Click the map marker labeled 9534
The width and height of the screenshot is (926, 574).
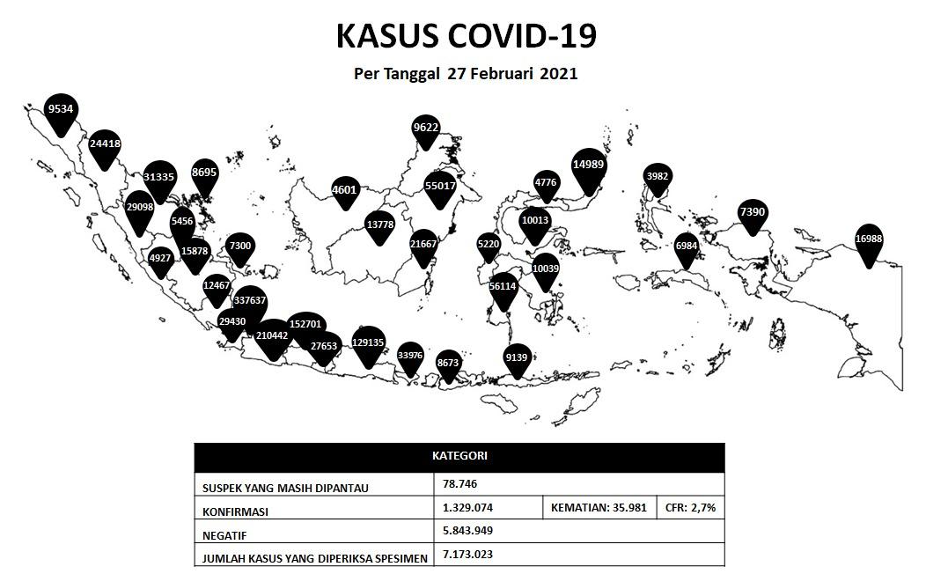pos(61,110)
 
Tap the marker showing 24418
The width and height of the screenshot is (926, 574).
pos(106,144)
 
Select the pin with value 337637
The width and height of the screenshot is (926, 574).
pos(250,301)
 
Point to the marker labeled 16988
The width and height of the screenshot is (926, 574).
pos(869,239)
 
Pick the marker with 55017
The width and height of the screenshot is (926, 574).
pos(440,187)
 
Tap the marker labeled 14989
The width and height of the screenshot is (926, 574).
pos(588,166)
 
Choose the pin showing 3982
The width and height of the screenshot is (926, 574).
pos(658,177)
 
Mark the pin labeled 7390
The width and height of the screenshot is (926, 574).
pos(753,213)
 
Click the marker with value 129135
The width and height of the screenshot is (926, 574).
pos(368,343)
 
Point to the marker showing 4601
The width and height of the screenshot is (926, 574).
pos(344,190)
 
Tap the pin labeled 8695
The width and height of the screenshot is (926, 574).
pos(204,173)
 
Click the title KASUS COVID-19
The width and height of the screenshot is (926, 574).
pos(467,36)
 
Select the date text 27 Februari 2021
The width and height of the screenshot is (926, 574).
pos(512,74)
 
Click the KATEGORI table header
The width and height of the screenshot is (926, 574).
pos(459,457)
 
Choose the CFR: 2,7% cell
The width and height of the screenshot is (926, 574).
pos(690,508)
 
